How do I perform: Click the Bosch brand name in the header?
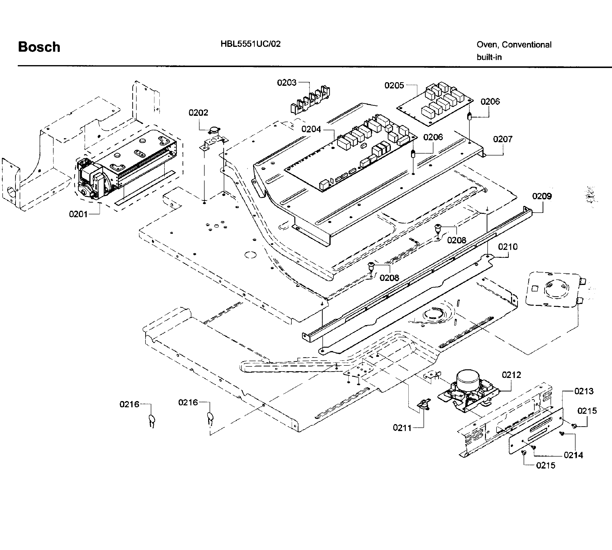pyautogui.click(x=39, y=47)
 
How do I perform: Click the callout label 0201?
pyautogui.click(x=78, y=214)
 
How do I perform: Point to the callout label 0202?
pyautogui.click(x=198, y=113)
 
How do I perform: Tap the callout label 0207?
pyautogui.click(x=503, y=139)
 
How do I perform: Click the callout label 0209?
pyautogui.click(x=542, y=196)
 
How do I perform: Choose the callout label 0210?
pyautogui.click(x=508, y=247)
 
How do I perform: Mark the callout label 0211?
pyautogui.click(x=402, y=428)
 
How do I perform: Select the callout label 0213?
pyautogui.click(x=584, y=391)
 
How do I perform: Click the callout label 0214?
pyautogui.click(x=573, y=455)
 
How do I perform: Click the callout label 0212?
pyautogui.click(x=511, y=375)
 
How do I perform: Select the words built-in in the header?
pyautogui.click(x=489, y=57)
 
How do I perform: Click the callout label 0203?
pyautogui.click(x=287, y=82)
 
